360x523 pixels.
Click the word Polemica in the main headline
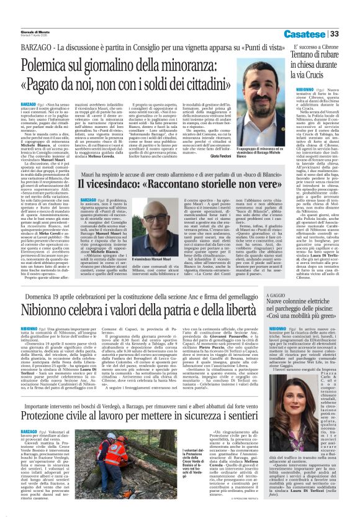tap(56, 64)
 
